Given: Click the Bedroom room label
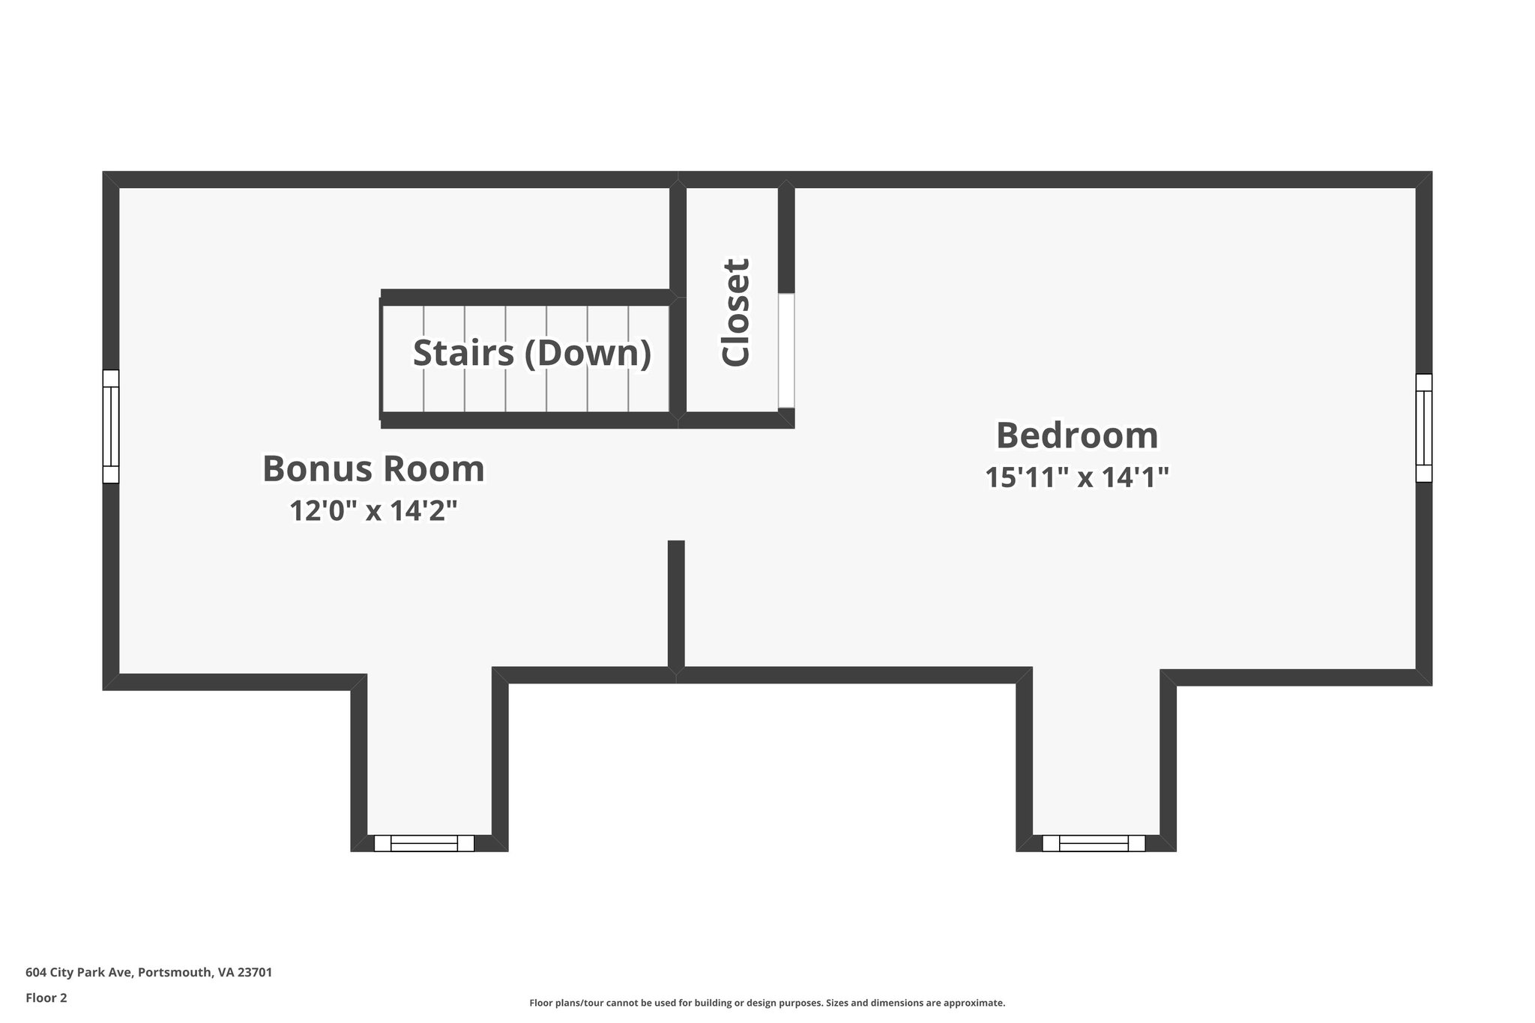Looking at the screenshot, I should point(1076,435).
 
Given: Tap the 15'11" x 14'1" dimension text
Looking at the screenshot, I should point(1076,477).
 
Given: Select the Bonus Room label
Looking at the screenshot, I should point(373,469).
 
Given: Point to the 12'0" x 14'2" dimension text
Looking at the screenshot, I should point(373,511).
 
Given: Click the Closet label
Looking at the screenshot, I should point(735,313).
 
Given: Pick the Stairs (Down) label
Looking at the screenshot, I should point(531,353).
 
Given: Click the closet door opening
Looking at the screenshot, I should point(785,351).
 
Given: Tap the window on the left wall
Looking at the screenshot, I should point(110,426).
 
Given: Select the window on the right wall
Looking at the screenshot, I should point(1423,428).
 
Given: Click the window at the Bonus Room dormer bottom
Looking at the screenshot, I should point(424,843).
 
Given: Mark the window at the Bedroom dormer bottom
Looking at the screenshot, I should point(1094,843).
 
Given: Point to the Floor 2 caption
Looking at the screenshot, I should point(46,998).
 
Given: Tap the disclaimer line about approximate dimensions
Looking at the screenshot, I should point(767,1003).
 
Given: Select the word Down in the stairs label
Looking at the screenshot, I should point(585,353).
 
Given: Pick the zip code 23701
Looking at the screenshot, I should point(255,973).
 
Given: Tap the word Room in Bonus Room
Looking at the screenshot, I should point(435,469).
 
